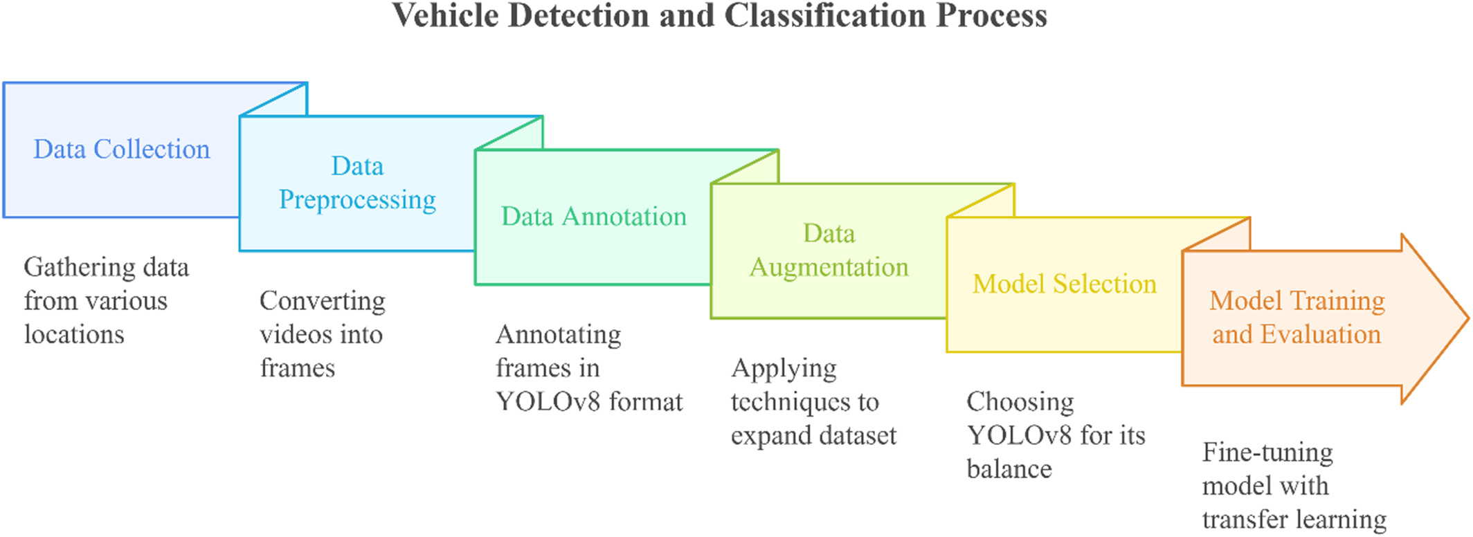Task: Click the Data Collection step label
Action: pyautogui.click(x=122, y=149)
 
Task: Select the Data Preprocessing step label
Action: pyautogui.click(x=357, y=183)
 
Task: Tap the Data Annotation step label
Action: pyautogui.click(x=594, y=217)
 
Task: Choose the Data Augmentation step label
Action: pyautogui.click(x=829, y=251)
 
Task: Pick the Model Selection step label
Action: pyautogui.click(x=1065, y=284)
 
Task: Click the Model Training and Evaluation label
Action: pyautogui.click(x=1297, y=318)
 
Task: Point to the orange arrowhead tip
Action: pyautogui.click(x=1468, y=319)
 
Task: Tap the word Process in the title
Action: pyautogui.click(x=991, y=15)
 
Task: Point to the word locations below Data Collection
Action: pyautogui.click(x=74, y=335)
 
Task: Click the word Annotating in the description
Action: pyautogui.click(x=559, y=335)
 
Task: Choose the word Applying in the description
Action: pyautogui.click(x=784, y=369)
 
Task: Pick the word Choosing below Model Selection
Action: pyautogui.click(x=1020, y=402)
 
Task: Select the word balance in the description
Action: pyautogui.click(x=1009, y=469)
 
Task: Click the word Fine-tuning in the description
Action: pyautogui.click(x=1267, y=453)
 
